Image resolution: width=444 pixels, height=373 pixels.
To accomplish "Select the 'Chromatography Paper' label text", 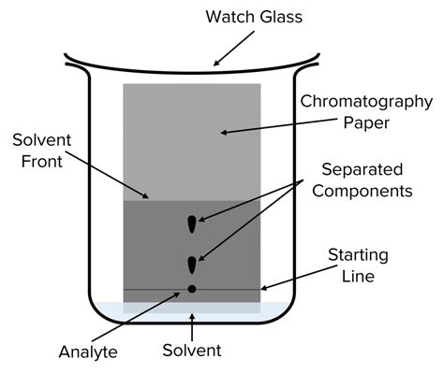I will [x=361, y=110].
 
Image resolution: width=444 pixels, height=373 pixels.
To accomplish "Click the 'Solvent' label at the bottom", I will [x=191, y=351].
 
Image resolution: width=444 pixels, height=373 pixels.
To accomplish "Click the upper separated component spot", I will [x=192, y=224].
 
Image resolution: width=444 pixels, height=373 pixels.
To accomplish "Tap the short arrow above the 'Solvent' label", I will [x=192, y=328].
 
